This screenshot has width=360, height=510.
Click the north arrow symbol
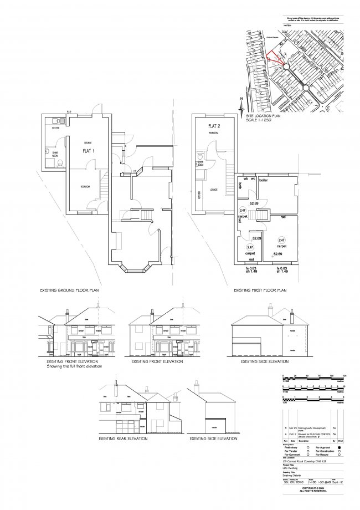(241, 105)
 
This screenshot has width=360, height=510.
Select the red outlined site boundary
(272, 57)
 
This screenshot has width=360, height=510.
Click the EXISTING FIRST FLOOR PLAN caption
(260, 290)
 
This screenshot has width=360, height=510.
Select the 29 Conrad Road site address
(305, 461)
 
